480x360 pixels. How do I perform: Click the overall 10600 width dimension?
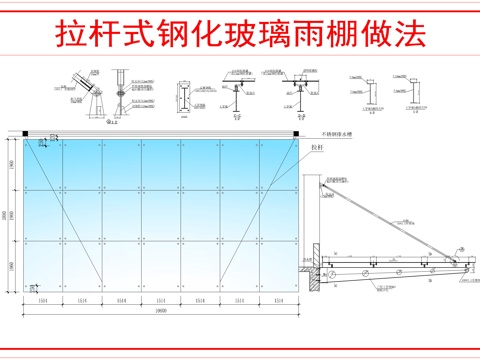point(160,311)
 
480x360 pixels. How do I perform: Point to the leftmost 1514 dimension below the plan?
point(43,300)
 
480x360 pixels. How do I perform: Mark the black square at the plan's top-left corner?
point(23,133)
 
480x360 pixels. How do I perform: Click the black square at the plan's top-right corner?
point(297,133)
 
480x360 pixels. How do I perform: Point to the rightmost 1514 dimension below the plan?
point(278,300)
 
